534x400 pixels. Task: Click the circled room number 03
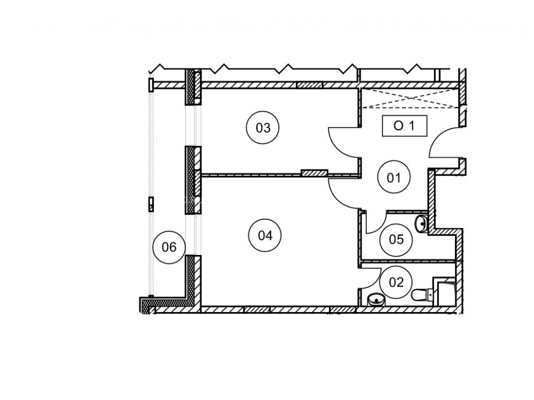click(x=263, y=128)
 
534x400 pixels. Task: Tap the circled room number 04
click(x=265, y=235)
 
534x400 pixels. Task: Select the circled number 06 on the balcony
click(x=169, y=247)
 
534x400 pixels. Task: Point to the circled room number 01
click(x=394, y=178)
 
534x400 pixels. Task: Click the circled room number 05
click(x=396, y=239)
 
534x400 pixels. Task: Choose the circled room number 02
click(x=396, y=282)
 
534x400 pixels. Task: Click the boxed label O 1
click(x=404, y=126)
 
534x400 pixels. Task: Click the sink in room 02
click(x=376, y=300)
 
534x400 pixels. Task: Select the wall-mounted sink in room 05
click(x=421, y=223)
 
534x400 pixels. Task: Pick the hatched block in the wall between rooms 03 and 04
click(x=314, y=173)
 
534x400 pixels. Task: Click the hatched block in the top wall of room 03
click(x=310, y=85)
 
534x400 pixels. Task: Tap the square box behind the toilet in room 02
click(x=444, y=291)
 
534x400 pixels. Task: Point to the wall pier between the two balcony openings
click(x=193, y=180)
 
